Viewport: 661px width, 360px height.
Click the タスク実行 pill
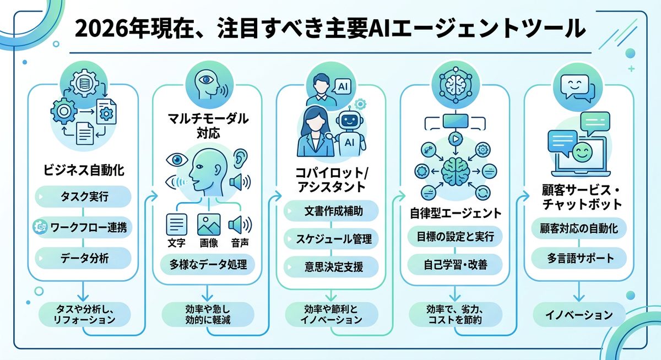pos(83,197)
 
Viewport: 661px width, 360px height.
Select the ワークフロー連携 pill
pos(83,226)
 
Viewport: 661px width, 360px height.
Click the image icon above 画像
pos(209,225)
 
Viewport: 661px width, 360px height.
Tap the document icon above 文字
pos(176,225)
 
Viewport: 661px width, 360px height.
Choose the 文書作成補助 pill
pos(330,210)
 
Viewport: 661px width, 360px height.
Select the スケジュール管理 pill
pos(330,239)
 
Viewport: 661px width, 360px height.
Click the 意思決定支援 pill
pos(330,268)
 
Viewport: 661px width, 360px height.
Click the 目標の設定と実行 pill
pos(454,237)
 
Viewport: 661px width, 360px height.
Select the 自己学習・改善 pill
pos(454,265)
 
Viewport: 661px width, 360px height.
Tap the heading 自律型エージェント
pos(454,212)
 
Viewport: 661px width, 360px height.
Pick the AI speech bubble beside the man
pos(342,86)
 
